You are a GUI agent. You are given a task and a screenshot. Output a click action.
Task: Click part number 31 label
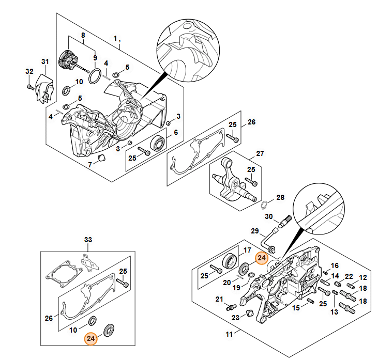point(45,61)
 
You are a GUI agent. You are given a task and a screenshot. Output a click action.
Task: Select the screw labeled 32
point(29,87)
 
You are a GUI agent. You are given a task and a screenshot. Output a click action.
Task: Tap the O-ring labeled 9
point(95,76)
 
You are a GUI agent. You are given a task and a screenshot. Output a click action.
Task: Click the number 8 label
point(83,35)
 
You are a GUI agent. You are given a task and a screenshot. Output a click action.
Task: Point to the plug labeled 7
point(102,159)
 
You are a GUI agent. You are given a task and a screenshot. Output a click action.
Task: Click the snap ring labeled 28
point(264,206)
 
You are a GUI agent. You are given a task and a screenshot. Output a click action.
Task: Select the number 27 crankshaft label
point(260,153)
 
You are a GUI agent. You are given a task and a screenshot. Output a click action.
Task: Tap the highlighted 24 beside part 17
point(262,258)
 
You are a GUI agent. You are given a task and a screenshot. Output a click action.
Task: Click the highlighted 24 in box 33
point(91,338)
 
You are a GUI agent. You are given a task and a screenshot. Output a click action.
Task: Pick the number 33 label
point(88,240)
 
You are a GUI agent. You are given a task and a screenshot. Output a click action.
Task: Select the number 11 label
point(229,334)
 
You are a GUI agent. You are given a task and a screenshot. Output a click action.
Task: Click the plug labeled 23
point(250,314)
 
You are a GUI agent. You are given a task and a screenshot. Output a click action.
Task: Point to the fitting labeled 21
point(231,307)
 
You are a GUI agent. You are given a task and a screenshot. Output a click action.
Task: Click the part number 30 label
point(269,216)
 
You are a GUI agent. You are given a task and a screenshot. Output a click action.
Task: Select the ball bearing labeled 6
point(158,144)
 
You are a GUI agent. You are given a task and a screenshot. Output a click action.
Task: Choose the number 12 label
point(363,277)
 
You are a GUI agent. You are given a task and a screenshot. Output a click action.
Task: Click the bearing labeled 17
point(230,260)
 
